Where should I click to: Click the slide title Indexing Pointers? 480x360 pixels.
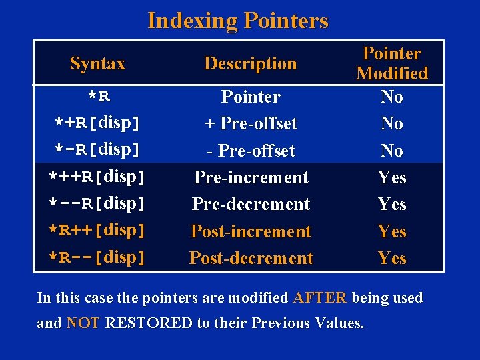[237, 21]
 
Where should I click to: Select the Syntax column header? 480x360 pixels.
[97, 64]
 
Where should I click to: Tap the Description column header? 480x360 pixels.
[250, 64]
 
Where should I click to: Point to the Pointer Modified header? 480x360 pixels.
[392, 63]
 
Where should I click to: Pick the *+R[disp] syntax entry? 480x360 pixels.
[97, 123]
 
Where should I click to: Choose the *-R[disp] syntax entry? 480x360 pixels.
[97, 151]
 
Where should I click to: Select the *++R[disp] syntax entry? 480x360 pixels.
[97, 177]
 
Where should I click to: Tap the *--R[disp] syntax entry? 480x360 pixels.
[97, 204]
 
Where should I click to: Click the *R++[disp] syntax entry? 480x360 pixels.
[97, 231]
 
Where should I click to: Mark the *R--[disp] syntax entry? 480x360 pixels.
[97, 257]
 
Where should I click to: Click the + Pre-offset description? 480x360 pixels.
[251, 124]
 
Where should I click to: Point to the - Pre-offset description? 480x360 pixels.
[251, 151]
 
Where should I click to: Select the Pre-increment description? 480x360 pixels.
[251, 178]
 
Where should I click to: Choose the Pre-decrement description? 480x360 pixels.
[251, 204]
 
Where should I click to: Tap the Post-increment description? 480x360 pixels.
[251, 231]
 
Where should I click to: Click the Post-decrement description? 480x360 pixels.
[251, 258]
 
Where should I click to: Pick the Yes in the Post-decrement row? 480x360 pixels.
[392, 258]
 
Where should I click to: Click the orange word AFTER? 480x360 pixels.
[319, 298]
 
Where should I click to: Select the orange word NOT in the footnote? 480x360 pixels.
[83, 324]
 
